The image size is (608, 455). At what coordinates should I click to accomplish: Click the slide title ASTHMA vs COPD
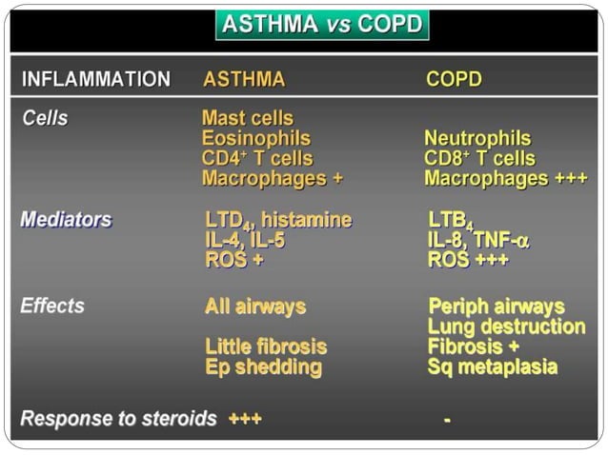tap(322, 25)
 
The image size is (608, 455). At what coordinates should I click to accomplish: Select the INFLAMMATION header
tap(95, 79)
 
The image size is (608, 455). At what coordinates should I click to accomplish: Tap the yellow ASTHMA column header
tap(244, 79)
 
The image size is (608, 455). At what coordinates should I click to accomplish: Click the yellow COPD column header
tap(454, 79)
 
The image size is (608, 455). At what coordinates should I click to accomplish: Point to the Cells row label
tap(45, 119)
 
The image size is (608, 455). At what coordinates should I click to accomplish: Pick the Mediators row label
tap(66, 220)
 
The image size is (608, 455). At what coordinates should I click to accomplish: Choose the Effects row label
tap(52, 307)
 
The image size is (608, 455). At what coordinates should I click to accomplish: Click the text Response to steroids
tap(118, 419)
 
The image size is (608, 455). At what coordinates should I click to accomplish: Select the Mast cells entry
tap(248, 119)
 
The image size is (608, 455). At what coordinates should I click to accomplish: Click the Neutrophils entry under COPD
tap(477, 139)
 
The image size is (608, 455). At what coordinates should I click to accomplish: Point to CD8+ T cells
tap(479, 159)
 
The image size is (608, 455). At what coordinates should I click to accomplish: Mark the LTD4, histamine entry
tap(278, 221)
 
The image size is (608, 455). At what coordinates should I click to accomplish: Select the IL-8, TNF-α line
tap(478, 241)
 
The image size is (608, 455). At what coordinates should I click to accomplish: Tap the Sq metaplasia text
tap(493, 367)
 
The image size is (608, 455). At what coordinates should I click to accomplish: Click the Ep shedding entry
tap(263, 367)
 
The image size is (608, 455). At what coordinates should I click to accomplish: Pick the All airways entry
tap(255, 307)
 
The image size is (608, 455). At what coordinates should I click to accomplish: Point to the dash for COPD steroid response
tap(447, 420)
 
